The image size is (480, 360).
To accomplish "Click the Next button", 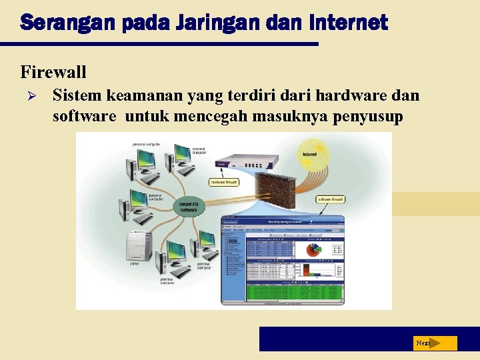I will [434, 343].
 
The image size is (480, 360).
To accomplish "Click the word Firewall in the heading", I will [53, 71].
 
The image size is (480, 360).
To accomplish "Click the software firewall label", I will [329, 199].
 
